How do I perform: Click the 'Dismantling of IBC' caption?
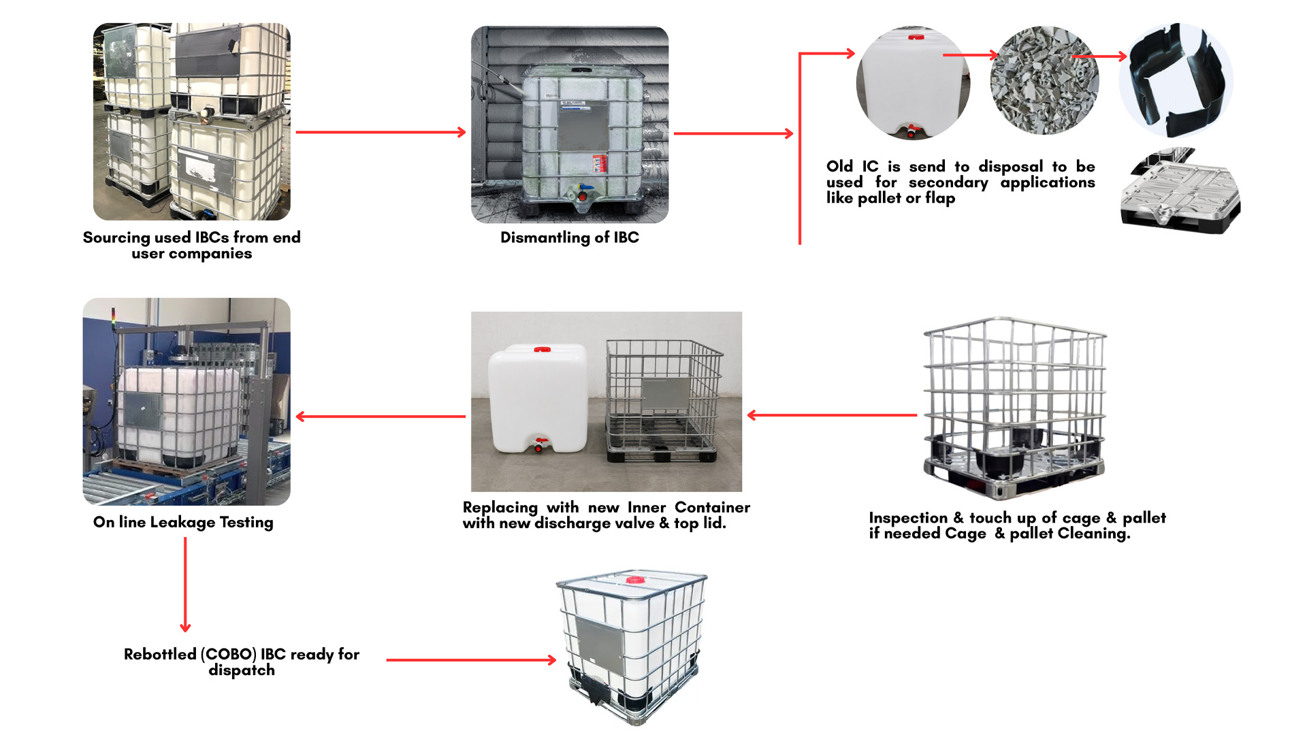coord(570,238)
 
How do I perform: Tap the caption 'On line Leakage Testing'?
coord(183,522)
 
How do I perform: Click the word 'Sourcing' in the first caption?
coord(116,238)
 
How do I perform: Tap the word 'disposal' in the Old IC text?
coord(1011,167)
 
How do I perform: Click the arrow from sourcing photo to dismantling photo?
coord(381,132)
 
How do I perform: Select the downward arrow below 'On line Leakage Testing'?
coord(185,585)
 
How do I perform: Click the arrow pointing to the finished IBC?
coord(471,659)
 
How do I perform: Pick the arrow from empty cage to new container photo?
coord(832,415)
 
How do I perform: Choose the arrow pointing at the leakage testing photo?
coord(381,416)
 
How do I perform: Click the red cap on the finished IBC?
coord(635,580)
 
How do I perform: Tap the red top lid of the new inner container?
coord(543,349)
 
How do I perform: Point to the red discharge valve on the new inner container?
coord(540,444)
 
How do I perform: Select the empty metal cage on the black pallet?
coord(1014,408)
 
